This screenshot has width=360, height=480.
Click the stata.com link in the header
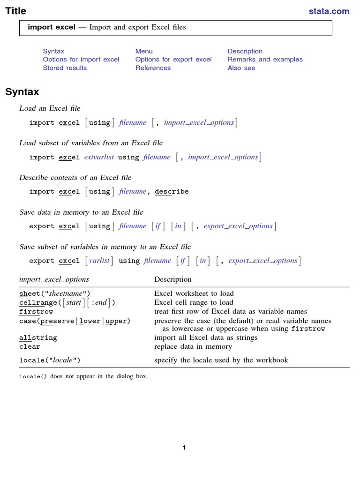tap(329, 11)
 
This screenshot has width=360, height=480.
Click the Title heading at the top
tap(16, 11)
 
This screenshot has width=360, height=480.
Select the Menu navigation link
tap(144, 51)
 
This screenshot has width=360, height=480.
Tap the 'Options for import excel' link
tap(81, 60)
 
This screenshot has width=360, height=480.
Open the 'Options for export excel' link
tap(173, 60)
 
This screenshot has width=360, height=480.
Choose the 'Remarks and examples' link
tap(265, 60)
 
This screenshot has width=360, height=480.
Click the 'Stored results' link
tap(65, 68)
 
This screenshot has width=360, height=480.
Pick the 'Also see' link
tap(241, 68)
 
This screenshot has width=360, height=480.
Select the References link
tap(153, 68)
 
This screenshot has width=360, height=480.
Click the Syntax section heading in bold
tap(22, 92)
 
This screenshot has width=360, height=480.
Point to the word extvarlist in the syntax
tap(99, 157)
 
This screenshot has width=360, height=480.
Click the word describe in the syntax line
tap(172, 192)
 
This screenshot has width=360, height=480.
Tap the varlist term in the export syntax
tap(99, 261)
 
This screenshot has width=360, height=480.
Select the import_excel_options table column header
tap(54, 279)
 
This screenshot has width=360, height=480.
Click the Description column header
tap(173, 279)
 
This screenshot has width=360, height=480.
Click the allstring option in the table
tap(38, 338)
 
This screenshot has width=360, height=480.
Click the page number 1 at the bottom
tap(184, 448)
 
